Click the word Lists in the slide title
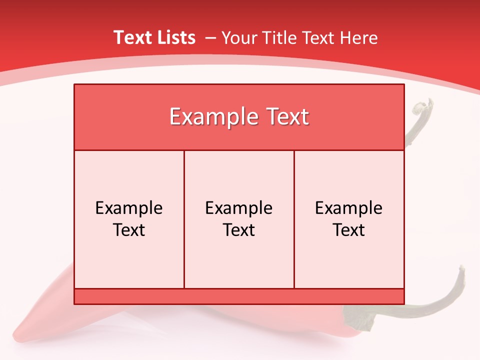click(x=175, y=37)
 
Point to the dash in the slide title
click(x=210, y=38)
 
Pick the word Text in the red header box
click(x=285, y=117)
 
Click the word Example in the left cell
click(x=129, y=208)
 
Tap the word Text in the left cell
click(x=129, y=230)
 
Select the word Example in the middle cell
click(x=239, y=208)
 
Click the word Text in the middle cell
click(x=239, y=230)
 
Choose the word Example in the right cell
click(x=349, y=208)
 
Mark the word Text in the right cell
click(x=349, y=230)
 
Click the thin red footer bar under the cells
click(x=239, y=296)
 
